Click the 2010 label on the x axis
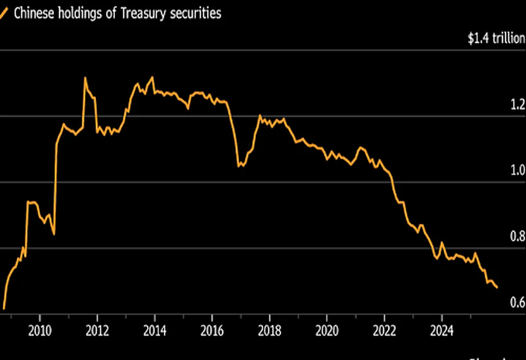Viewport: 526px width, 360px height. pyautogui.click(x=40, y=331)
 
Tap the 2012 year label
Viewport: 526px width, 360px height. pyautogui.click(x=97, y=331)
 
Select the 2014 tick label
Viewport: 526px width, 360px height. pyautogui.click(x=155, y=331)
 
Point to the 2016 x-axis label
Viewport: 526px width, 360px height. pyautogui.click(x=212, y=331)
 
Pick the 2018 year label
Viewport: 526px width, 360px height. pyautogui.click(x=269, y=331)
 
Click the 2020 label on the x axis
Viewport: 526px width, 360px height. pyautogui.click(x=327, y=331)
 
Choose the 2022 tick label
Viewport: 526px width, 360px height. pyautogui.click(x=384, y=331)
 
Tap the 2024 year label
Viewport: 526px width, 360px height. pyautogui.click(x=441, y=331)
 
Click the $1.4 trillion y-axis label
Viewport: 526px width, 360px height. pyautogui.click(x=496, y=39)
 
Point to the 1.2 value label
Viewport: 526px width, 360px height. pyautogui.click(x=518, y=105)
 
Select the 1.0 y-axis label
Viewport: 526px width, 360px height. pyautogui.click(x=518, y=171)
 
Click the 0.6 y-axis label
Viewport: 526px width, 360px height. pyautogui.click(x=518, y=302)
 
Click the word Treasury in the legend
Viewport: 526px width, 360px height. pyautogui.click(x=144, y=13)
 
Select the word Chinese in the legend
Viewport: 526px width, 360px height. pyautogui.click(x=33, y=13)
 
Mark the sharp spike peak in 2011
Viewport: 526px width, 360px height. pyautogui.click(x=85, y=77)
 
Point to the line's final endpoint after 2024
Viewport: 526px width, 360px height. pyautogui.click(x=497, y=287)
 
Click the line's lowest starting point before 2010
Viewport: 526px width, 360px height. pyautogui.click(x=4, y=309)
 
